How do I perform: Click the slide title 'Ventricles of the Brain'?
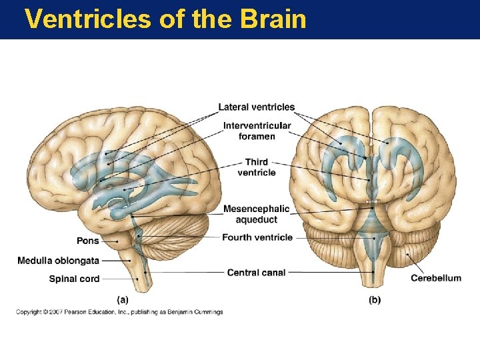165,19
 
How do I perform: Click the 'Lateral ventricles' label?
257,107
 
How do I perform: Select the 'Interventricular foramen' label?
257,131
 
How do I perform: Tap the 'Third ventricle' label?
256,167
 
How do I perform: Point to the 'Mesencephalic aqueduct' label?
256,214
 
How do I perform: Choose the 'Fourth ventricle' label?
257,237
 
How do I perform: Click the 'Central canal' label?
256,272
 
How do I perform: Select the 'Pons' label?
87,241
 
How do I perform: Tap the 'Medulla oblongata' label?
58,260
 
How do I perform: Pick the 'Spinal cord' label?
74,279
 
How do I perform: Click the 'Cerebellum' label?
435,278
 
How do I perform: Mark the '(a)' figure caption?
123,300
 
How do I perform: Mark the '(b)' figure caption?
375,300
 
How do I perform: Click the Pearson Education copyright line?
120,312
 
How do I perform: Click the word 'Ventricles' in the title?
88,19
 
